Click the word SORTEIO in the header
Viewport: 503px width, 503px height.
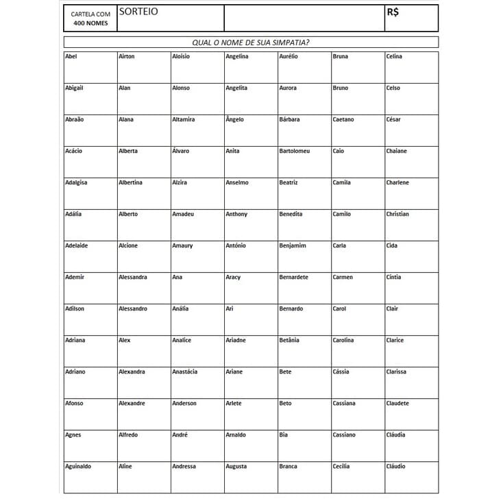tap(138, 12)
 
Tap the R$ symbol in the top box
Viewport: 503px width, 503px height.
tap(393, 12)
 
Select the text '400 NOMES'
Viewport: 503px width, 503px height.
tap(90, 23)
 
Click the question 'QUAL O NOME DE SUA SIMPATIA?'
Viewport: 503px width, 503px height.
tap(250, 42)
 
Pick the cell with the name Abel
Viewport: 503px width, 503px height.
tap(71, 56)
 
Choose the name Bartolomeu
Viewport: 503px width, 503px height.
tap(295, 151)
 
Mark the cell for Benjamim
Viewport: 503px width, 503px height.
tap(293, 245)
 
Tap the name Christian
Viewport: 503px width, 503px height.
tap(397, 214)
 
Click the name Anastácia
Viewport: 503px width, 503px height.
tap(185, 371)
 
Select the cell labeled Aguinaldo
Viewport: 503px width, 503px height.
tap(78, 466)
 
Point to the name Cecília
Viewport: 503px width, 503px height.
tap(341, 466)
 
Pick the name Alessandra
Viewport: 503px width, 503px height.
tap(133, 277)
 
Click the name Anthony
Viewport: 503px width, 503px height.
tap(237, 214)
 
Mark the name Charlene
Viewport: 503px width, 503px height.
tap(397, 182)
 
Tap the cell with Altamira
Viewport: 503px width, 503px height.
tap(184, 119)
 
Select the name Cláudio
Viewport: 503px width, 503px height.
tap(395, 466)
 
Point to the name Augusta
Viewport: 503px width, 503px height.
tap(236, 466)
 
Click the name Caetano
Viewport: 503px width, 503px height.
tap(343, 119)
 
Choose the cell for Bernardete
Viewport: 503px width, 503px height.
tap(294, 277)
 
